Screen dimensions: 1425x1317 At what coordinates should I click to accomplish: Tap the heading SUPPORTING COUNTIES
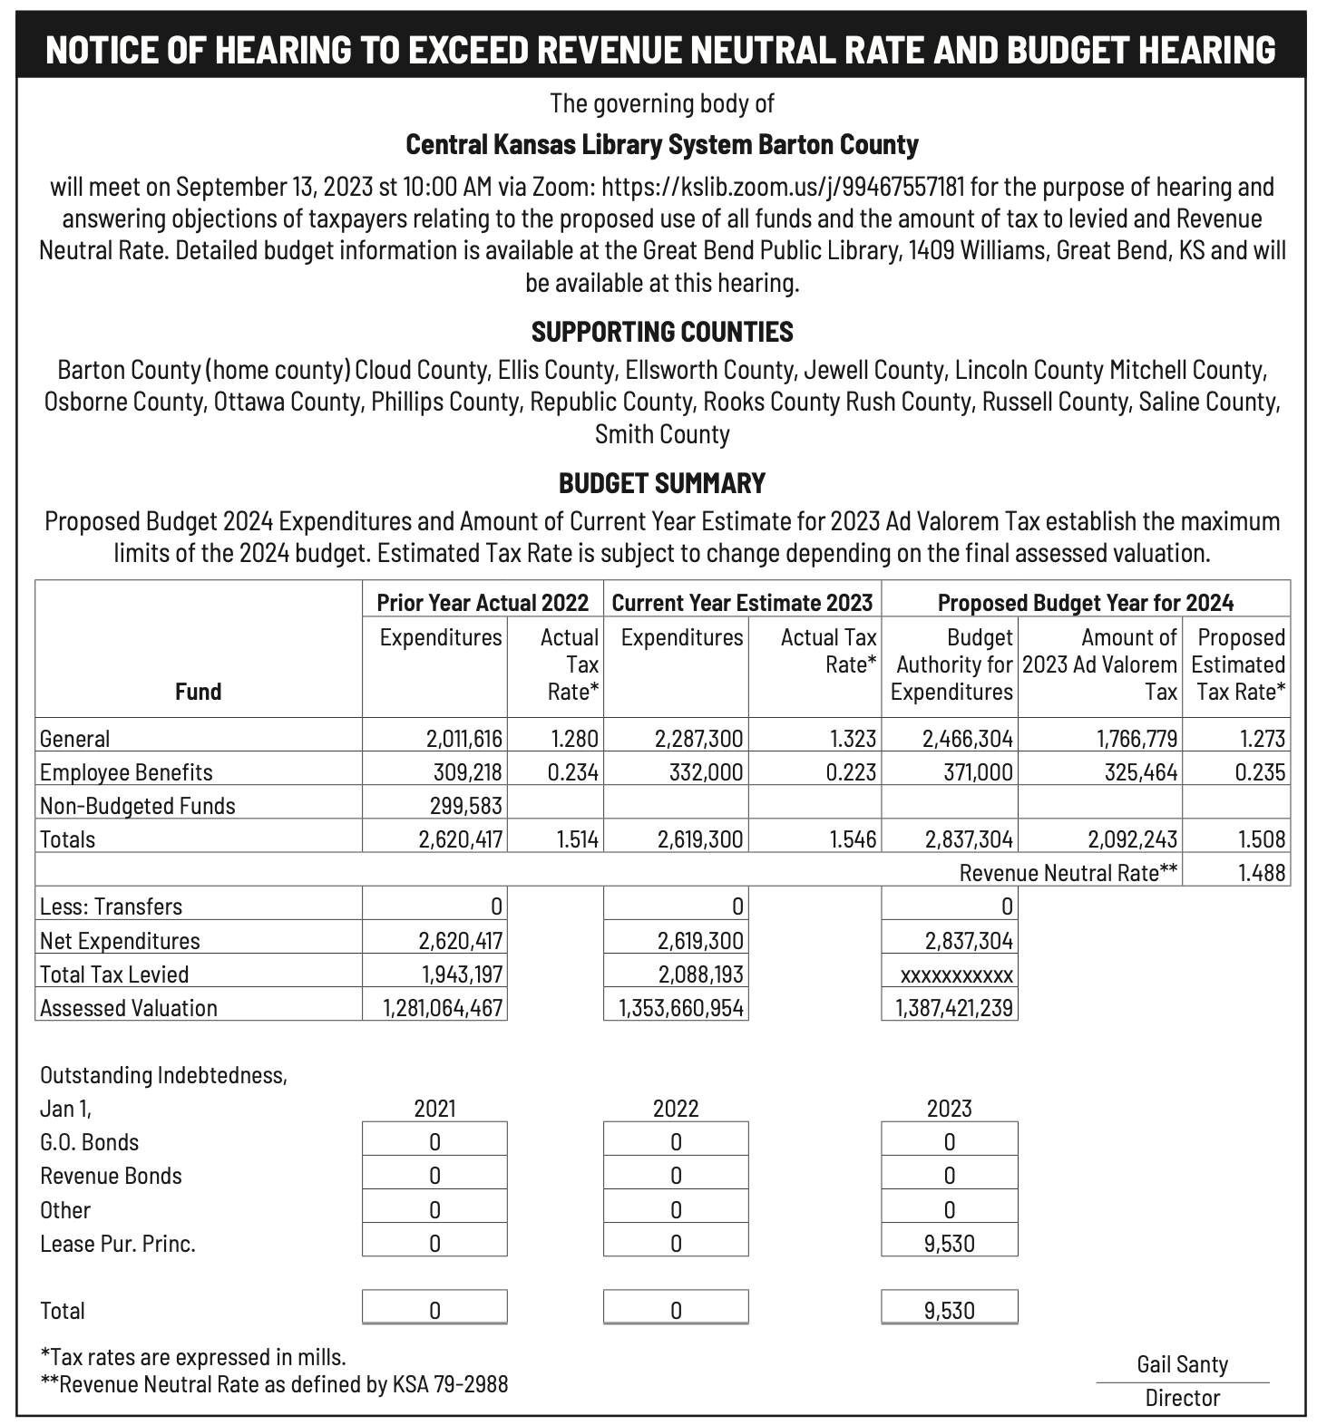662,332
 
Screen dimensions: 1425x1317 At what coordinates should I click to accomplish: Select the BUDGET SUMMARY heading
662,482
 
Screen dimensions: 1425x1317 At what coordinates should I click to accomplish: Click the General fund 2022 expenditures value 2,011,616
463,739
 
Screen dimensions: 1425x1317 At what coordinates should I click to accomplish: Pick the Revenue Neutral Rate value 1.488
1262,873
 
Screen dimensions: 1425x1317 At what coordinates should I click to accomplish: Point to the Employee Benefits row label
126,772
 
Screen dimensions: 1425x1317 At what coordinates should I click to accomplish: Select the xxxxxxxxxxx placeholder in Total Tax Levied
956,975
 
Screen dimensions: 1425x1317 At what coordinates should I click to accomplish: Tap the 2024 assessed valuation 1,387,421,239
953,1008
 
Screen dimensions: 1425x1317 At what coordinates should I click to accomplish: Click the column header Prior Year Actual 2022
483,603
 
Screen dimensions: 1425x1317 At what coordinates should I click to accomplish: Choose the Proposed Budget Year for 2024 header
1085,603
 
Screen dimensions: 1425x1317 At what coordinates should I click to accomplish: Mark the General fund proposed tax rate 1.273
1263,739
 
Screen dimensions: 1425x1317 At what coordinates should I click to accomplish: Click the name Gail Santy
1182,1364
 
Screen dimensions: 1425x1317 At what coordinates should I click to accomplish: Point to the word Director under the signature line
1182,1398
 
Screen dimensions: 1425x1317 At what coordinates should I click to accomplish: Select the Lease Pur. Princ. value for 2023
950,1243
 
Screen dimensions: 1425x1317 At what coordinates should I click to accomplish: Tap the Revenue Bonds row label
111,1176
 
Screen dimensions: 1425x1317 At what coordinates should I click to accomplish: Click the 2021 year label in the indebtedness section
434,1109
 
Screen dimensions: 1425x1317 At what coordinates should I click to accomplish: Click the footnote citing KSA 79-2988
275,1384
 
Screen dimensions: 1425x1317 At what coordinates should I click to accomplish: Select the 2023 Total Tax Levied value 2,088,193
700,974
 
